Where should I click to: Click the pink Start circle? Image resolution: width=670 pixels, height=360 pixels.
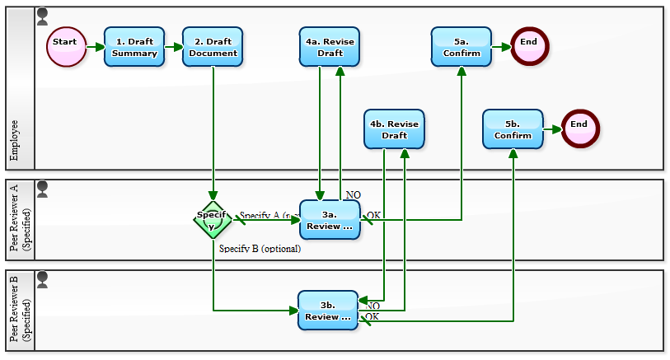click(66, 47)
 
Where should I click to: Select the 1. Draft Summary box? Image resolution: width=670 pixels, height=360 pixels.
click(134, 47)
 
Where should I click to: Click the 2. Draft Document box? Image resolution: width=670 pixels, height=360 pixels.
click(213, 47)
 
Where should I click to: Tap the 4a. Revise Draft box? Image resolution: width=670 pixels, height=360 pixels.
click(330, 47)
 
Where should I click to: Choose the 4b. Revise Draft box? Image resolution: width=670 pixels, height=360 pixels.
click(394, 129)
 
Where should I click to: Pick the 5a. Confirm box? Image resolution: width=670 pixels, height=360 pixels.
click(461, 47)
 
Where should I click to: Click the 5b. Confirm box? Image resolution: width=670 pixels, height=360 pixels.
click(513, 129)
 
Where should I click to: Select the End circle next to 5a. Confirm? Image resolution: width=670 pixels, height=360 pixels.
click(529, 47)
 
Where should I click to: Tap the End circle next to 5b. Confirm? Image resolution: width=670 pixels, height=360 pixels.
click(579, 129)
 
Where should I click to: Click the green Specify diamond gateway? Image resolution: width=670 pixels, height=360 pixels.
click(213, 220)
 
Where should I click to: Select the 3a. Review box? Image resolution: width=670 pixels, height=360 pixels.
click(330, 220)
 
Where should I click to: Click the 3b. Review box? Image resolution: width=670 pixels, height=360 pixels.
click(328, 311)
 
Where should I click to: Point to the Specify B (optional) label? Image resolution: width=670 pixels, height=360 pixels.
click(260, 248)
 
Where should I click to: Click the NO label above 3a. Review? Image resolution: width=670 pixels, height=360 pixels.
click(354, 195)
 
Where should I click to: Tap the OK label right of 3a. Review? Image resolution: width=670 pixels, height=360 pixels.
click(373, 215)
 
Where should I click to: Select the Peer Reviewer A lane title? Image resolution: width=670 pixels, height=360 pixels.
click(20, 220)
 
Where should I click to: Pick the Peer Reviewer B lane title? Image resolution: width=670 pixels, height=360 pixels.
click(20, 311)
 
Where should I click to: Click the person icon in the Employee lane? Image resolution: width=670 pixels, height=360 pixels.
click(43, 16)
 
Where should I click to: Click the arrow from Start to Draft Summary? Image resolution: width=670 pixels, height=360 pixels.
click(94, 47)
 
